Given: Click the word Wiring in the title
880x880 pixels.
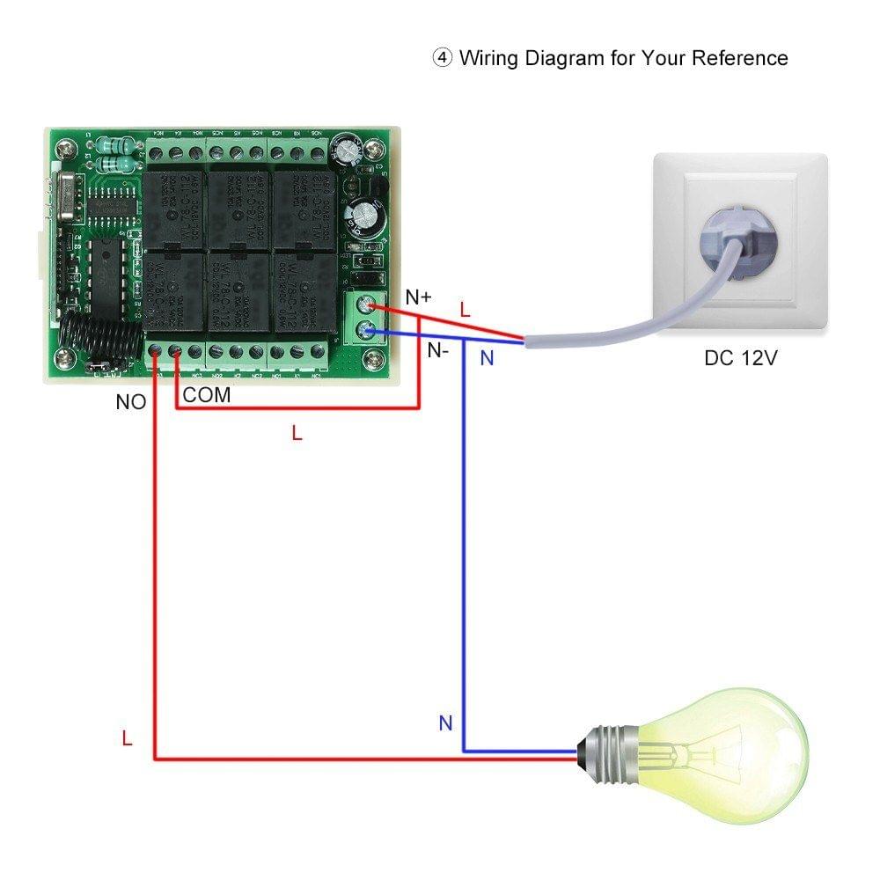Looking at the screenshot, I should pos(489,58).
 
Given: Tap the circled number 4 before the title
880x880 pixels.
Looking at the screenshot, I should pos(442,59).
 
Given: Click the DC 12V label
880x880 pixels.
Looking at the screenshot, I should pos(740,358).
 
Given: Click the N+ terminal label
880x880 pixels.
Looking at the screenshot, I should pos(419,297).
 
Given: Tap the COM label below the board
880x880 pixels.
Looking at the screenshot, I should pos(207,396).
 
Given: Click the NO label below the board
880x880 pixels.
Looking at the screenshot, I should pos(130,402).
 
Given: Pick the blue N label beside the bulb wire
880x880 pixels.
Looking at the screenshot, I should pos(445,723).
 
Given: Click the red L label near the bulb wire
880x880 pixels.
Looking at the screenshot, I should pos(127,739).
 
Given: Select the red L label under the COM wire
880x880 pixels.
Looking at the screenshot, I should pos(297,433).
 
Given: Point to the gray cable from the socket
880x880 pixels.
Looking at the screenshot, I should pos(616,326).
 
